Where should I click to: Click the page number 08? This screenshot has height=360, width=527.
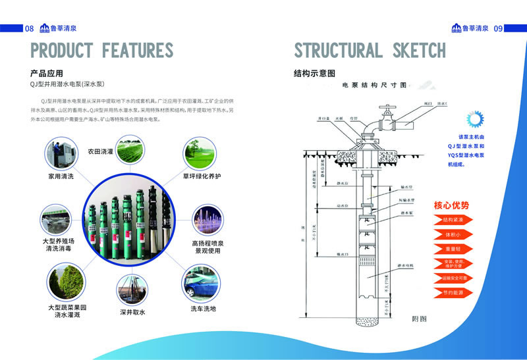(29, 28)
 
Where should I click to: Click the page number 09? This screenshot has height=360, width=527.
(498, 28)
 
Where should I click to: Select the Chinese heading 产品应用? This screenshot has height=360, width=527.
(47, 72)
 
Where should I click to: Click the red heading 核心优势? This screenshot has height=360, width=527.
(451, 205)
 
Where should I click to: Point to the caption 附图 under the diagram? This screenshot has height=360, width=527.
(420, 318)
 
